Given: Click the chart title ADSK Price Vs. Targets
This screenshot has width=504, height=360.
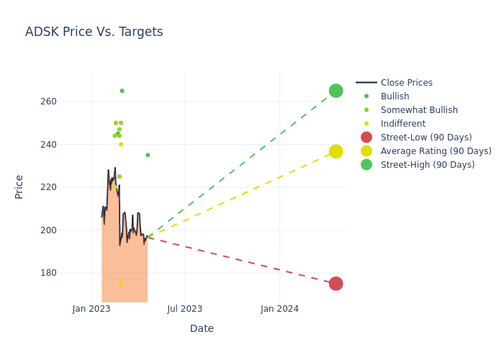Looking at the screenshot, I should click(x=94, y=32).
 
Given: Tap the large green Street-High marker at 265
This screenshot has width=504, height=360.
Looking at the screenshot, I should click(x=336, y=91).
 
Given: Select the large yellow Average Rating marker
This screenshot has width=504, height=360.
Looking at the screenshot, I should click(x=336, y=151).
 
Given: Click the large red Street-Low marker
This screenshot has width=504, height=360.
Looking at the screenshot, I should click(x=336, y=284).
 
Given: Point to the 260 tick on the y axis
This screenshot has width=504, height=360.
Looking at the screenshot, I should click(x=68, y=102).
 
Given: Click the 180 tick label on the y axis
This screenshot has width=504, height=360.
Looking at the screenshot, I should click(x=68, y=273).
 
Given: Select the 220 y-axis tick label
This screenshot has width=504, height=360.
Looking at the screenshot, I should click(x=68, y=187).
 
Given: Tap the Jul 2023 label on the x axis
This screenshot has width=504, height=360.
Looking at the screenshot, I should click(x=185, y=310).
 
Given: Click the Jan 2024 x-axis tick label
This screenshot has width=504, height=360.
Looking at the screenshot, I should click(x=279, y=310).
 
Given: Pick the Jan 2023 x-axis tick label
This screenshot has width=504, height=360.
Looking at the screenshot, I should click(x=91, y=310).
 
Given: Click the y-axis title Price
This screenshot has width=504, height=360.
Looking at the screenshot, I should click(x=19, y=186).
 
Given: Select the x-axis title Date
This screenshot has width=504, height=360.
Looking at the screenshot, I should click(x=202, y=328).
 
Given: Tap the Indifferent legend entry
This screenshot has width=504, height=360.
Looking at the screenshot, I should click(x=402, y=124).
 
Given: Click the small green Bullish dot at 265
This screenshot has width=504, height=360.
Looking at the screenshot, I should click(x=122, y=91).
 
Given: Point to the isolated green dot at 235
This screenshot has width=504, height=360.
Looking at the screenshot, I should click(x=148, y=155).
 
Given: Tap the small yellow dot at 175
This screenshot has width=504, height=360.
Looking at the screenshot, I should click(x=121, y=284).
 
